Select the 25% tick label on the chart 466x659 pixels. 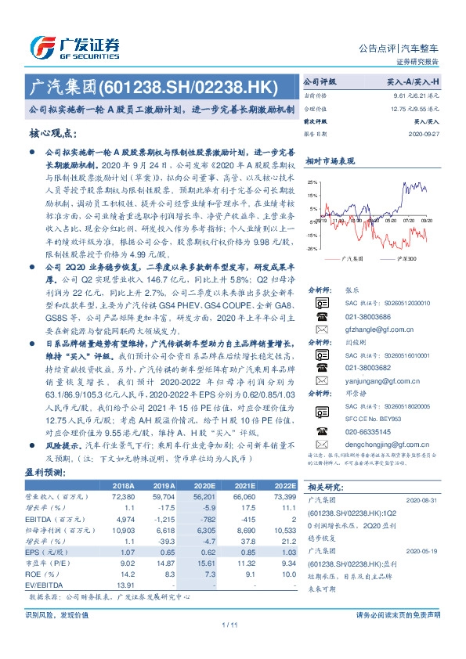point(312,182)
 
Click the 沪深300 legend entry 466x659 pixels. point(405,257)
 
